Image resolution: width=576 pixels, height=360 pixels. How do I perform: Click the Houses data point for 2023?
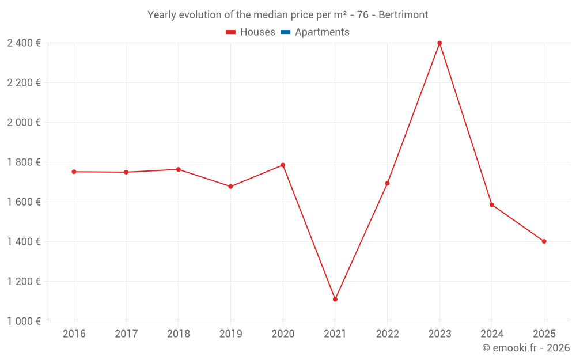439,43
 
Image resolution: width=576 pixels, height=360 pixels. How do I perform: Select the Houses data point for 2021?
335,299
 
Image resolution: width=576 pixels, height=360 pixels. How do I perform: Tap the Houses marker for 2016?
74,172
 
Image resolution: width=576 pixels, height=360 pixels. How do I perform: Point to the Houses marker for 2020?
283,165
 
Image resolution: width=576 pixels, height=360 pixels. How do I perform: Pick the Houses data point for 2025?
544,241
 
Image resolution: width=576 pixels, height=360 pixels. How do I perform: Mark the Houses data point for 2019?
230,187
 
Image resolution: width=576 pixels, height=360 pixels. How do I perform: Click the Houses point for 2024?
492,204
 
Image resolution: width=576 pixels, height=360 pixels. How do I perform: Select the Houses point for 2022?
388,183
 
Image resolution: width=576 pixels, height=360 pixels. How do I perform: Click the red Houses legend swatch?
230,32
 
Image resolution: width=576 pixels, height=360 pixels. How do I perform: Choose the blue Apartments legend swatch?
285,32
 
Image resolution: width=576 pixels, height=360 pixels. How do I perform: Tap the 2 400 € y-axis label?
24,43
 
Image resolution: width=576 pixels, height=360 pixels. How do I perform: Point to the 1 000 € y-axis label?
24,321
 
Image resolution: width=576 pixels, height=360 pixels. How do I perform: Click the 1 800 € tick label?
24,162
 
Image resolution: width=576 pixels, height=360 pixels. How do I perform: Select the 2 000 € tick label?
24,122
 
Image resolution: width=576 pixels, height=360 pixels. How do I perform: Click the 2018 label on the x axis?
179,334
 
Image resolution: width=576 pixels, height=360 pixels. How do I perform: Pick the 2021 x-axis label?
335,334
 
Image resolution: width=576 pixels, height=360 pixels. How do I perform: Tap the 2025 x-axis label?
544,334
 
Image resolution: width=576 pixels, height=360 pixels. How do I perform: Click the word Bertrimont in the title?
403,15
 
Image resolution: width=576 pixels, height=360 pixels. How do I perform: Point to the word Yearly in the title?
162,15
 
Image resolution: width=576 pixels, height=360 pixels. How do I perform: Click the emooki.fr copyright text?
526,348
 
